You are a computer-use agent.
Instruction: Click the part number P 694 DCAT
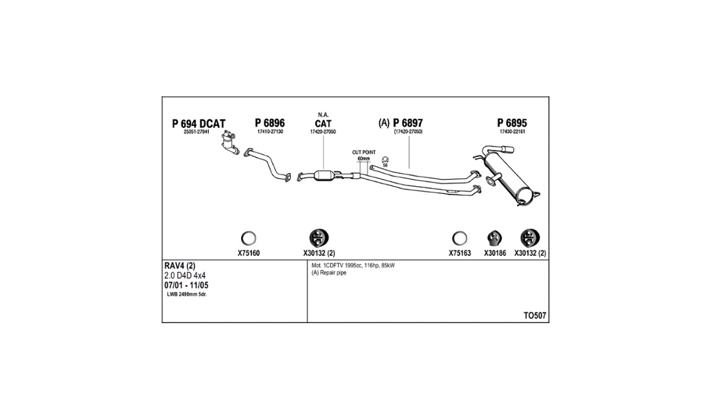pyautogui.click(x=198, y=123)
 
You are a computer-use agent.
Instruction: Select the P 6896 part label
pyautogui.click(x=270, y=123)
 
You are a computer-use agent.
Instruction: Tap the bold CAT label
pyautogui.click(x=323, y=123)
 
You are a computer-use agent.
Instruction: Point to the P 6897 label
pyautogui.click(x=408, y=123)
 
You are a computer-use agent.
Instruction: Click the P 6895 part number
pyautogui.click(x=512, y=123)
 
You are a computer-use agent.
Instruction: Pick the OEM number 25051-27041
pyautogui.click(x=196, y=132)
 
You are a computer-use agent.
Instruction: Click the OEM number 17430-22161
pyautogui.click(x=513, y=132)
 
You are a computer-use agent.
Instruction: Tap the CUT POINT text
pyautogui.click(x=364, y=152)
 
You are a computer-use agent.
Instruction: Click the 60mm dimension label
pyautogui.click(x=364, y=158)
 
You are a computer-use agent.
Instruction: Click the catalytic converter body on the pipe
pyautogui.click(x=324, y=176)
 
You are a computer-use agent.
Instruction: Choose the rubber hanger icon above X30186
pyautogui.click(x=494, y=238)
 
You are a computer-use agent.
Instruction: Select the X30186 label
pyautogui.click(x=494, y=253)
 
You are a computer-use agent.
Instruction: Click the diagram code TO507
pyautogui.click(x=535, y=316)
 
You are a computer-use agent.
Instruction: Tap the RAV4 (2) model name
pyautogui.click(x=180, y=266)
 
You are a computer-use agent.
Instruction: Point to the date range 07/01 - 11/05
pyautogui.click(x=186, y=286)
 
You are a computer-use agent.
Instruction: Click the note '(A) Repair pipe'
pyautogui.click(x=329, y=273)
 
